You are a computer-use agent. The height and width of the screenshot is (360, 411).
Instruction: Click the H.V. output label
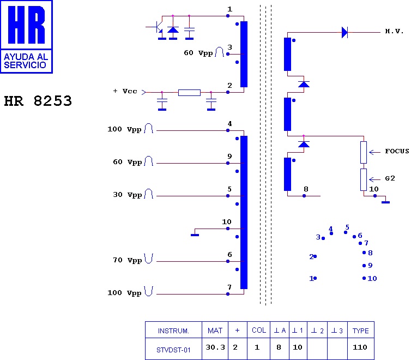coord(394,32)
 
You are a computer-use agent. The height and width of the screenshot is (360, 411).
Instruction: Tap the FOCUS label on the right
coord(397,151)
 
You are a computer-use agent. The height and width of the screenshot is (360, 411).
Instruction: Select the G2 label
coord(390,178)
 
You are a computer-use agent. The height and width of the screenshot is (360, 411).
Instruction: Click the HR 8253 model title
coord(38,101)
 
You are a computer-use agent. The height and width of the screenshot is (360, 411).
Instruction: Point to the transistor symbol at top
coord(158,27)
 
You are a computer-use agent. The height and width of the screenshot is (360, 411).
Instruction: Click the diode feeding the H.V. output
coord(344,33)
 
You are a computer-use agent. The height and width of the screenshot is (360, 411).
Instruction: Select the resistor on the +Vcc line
coord(189,93)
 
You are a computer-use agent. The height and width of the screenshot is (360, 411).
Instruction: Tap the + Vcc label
coord(125,91)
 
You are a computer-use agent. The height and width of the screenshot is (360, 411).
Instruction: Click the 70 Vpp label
coord(127,260)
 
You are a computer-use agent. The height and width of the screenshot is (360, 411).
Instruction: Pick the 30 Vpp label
coord(127,195)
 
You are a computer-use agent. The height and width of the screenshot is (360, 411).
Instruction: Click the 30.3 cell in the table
coord(215,347)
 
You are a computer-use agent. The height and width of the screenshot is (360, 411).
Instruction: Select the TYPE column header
coord(361,331)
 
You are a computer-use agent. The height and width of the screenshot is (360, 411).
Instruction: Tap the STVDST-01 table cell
coord(173,350)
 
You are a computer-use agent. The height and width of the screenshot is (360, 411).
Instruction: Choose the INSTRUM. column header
coord(173,331)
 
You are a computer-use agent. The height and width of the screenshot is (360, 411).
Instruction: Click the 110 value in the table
coord(360,347)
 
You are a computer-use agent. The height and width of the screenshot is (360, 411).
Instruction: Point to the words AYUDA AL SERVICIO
coord(26,61)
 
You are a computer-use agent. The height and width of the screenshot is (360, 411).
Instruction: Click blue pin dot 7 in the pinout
coord(360,243)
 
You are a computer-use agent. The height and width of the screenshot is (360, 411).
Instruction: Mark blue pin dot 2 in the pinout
coord(315,256)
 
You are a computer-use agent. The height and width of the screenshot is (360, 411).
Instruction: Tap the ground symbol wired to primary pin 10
coord(195,235)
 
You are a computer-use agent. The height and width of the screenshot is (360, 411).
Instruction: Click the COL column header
coord(259,331)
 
